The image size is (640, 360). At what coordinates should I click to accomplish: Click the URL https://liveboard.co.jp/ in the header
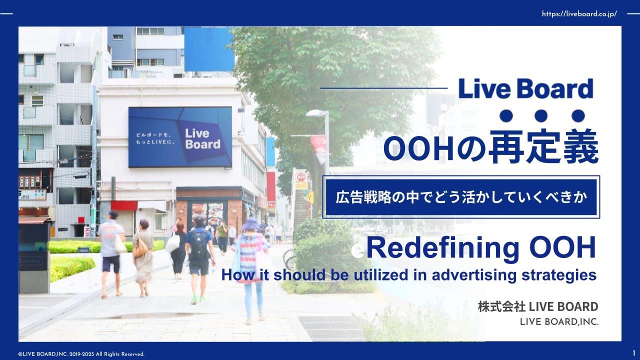(x=579, y=14)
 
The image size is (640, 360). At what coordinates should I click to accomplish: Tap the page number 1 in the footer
(x=634, y=353)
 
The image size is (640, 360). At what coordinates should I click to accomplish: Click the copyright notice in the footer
(x=81, y=354)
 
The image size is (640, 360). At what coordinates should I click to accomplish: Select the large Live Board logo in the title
(x=525, y=89)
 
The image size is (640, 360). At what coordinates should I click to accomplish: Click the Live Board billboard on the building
(x=180, y=136)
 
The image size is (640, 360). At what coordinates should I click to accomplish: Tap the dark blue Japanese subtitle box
(x=461, y=197)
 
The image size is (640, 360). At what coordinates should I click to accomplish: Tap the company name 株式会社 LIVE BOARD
(x=537, y=306)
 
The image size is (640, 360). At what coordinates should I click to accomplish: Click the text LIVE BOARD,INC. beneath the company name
(x=559, y=322)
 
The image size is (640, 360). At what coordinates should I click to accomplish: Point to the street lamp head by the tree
(x=316, y=113)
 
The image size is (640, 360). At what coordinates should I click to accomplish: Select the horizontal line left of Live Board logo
(x=383, y=88)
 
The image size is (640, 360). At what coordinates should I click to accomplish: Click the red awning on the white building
(x=124, y=205)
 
